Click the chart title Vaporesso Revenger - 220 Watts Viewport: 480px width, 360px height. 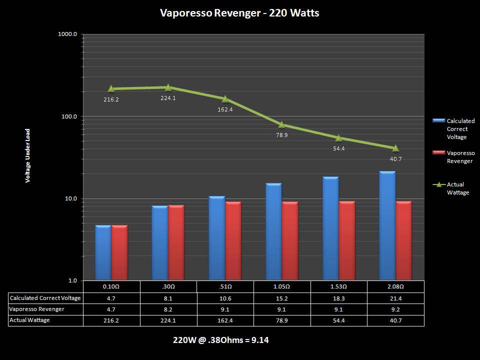pyautogui.click(x=239, y=13)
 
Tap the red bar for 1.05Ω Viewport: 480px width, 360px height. pyautogui.click(x=290, y=241)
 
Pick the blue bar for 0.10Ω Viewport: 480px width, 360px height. pyautogui.click(x=103, y=253)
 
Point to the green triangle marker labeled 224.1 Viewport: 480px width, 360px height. pyautogui.click(x=168, y=87)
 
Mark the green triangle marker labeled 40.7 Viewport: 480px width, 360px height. pyautogui.click(x=395, y=148)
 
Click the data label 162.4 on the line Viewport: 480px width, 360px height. pyautogui.click(x=225, y=109)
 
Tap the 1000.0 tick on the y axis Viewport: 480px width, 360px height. pyautogui.click(x=68, y=34)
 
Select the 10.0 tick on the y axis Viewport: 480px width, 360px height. pyautogui.click(x=69, y=198)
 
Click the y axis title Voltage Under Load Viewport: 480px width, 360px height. pyautogui.click(x=28, y=155)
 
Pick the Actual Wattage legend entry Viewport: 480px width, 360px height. pyautogui.click(x=458, y=188)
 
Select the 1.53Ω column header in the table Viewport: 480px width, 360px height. pyautogui.click(x=338, y=286)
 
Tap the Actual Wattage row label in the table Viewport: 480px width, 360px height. pyautogui.click(x=30, y=320)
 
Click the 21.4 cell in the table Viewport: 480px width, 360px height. pyautogui.click(x=395, y=298)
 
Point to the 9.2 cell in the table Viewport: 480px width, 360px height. pyautogui.click(x=395, y=309)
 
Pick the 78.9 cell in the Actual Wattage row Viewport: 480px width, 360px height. pyautogui.click(x=282, y=320)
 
